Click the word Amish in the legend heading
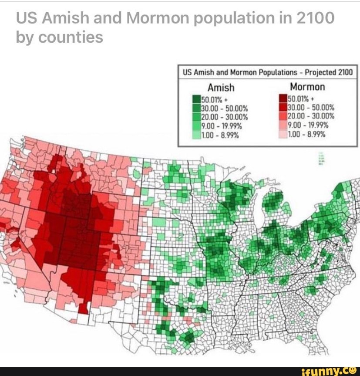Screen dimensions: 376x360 click(221, 87)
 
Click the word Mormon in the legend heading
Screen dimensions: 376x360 click(307, 87)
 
